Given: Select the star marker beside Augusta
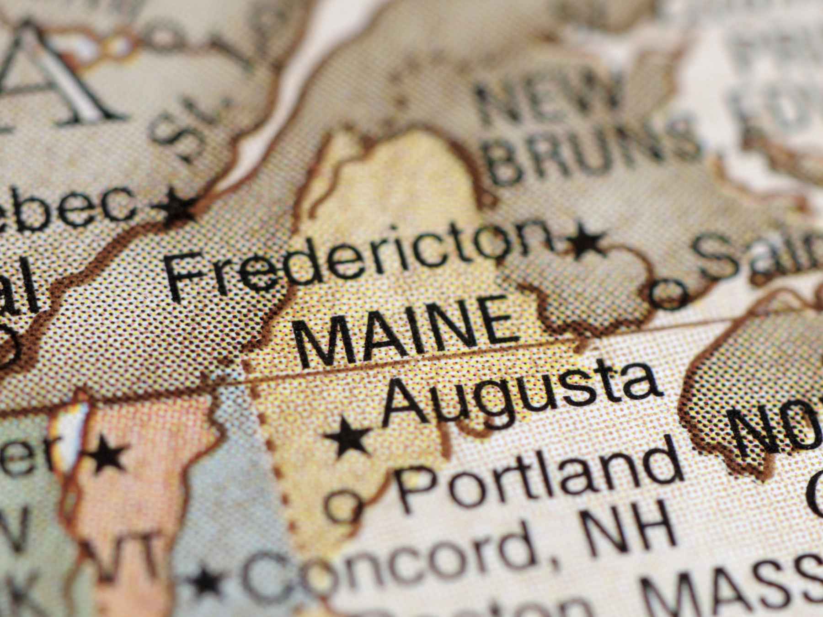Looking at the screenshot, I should click(x=348, y=438).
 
